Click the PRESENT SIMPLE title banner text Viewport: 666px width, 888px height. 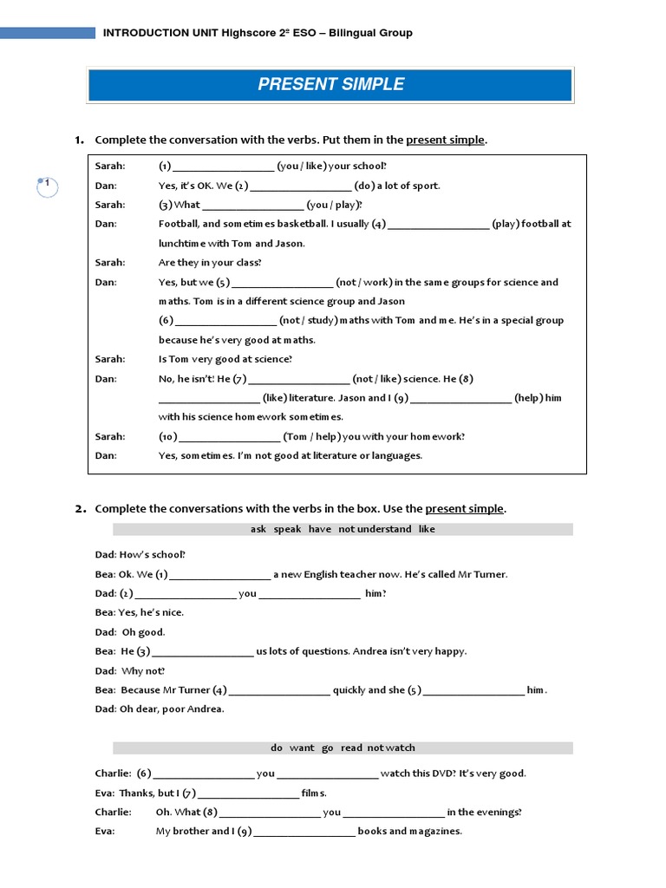[330, 84]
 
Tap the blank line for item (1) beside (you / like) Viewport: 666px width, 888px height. [224, 166]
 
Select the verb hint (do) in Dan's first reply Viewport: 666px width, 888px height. [363, 186]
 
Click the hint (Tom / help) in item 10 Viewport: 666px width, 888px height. [311, 437]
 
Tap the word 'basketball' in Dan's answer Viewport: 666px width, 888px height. [299, 224]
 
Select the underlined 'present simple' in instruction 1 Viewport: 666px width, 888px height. [445, 140]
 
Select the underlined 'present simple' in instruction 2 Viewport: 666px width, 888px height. [464, 509]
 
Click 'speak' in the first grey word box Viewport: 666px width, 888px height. [287, 529]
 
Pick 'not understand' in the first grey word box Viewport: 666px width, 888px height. [375, 529]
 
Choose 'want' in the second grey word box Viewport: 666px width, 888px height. [302, 748]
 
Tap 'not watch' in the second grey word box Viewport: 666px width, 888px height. [390, 748]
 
